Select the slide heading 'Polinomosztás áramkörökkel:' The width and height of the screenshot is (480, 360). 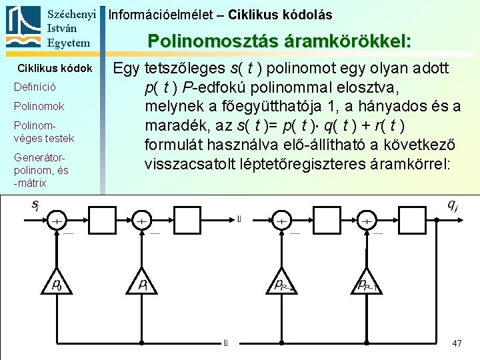pyautogui.click(x=279, y=41)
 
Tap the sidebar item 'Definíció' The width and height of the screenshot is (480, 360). pyautogui.click(x=35, y=87)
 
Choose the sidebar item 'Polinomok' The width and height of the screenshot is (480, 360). pyautogui.click(x=39, y=107)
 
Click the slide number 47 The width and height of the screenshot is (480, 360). pyautogui.click(x=457, y=343)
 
